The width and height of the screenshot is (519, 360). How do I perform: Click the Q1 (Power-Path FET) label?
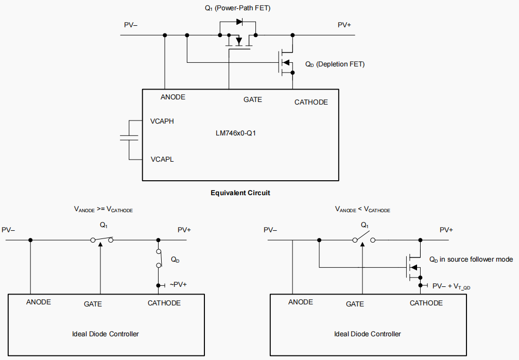238,8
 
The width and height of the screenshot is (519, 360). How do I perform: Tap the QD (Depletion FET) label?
335,64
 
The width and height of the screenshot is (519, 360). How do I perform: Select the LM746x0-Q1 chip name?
236,133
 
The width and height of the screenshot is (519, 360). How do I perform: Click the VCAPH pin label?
162,122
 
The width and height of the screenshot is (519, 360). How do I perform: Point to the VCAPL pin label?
162,159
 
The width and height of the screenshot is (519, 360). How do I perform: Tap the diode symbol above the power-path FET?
239,22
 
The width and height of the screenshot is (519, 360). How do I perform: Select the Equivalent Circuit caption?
240,193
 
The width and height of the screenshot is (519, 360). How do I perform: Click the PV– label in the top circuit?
131,25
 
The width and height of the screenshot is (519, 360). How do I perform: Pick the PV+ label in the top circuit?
344,25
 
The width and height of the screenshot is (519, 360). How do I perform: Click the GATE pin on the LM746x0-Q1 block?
253,99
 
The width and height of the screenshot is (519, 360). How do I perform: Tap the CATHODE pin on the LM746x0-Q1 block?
311,102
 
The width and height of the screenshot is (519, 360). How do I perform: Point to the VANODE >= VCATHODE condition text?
103,210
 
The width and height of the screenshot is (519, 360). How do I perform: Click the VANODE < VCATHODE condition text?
362,210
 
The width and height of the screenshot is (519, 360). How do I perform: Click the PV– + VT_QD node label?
451,286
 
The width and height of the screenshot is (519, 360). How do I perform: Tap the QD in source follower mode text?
471,259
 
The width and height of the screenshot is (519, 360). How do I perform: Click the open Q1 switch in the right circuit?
364,239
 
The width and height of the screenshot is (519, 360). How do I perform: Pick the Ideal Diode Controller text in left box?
106,334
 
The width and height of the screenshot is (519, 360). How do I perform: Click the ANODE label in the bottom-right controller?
301,302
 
